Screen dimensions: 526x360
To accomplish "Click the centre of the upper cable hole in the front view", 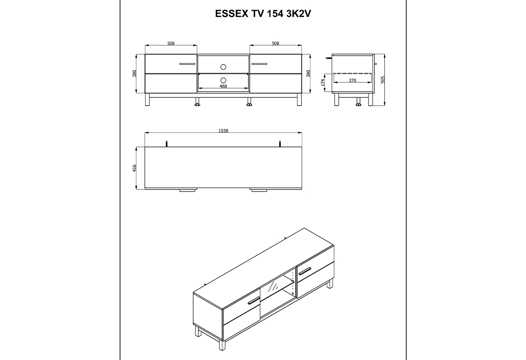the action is (223, 67).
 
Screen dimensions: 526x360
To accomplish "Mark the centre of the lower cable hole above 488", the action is (223, 80).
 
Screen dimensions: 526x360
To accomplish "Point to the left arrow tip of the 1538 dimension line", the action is (145, 133).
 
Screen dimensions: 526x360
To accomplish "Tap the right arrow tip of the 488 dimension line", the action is (249, 88).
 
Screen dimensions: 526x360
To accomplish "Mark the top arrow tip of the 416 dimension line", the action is (136, 147).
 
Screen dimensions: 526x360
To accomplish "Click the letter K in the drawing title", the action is (295, 14).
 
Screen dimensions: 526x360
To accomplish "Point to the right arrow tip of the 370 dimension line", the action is (371, 82).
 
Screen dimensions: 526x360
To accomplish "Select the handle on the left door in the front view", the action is (187, 64).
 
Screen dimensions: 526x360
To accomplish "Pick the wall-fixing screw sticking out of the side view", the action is (329, 58).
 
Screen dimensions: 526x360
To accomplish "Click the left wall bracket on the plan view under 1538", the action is (167, 144).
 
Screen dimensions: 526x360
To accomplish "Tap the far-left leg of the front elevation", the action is (147, 100).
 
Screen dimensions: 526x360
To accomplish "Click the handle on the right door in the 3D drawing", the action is (305, 271).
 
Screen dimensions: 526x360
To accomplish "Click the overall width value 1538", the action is (223, 131).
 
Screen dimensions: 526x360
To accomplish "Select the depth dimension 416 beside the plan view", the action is (134, 168).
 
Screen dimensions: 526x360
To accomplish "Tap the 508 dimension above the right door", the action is (275, 43).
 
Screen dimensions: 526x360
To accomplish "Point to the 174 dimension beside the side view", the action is (323, 82).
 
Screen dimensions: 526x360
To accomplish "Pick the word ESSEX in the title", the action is (231, 14).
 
